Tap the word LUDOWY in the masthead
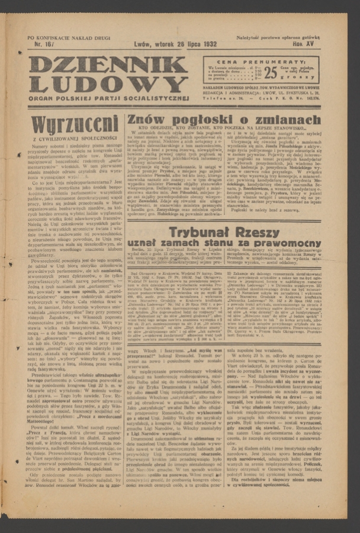click(109, 84)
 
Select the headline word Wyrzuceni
click(75, 124)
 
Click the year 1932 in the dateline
click(207, 44)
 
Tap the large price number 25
click(270, 73)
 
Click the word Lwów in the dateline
click(142, 44)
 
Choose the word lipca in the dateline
click(186, 44)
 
